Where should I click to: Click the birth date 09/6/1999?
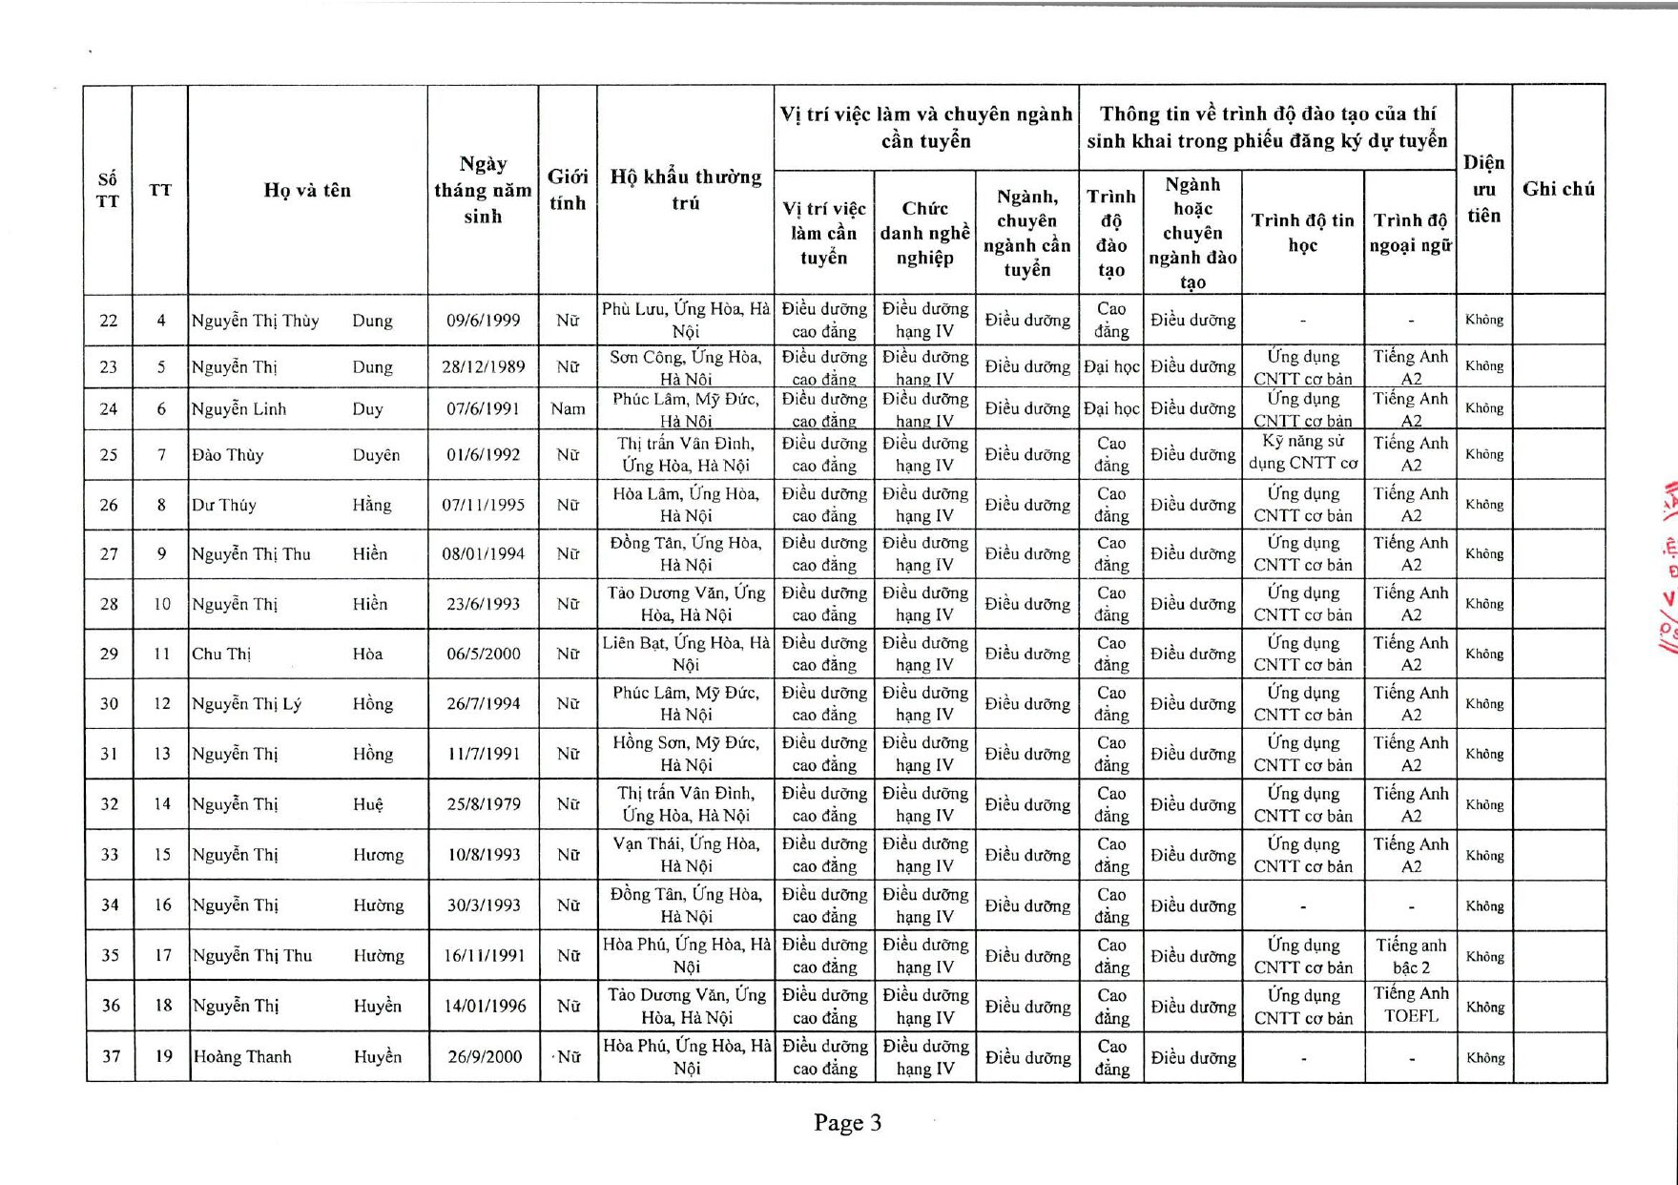pos(484,321)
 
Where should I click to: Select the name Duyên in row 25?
pos(376,455)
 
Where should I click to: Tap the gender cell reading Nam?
pos(568,409)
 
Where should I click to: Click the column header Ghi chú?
pos(1558,189)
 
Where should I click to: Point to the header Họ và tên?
pos(307,190)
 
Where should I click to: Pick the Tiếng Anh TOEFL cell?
pos(1411,1006)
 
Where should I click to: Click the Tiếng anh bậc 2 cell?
pos(1411,956)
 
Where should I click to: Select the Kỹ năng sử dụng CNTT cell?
pos(1302,453)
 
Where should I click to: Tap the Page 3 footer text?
pos(847,1123)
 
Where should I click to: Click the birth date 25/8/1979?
pos(484,804)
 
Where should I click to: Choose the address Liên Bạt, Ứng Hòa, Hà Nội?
pos(686,654)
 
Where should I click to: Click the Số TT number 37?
pos(111,1056)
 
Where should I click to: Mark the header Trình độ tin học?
pos(1302,233)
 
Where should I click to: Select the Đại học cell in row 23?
pos(1111,366)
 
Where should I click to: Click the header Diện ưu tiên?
pos(1483,189)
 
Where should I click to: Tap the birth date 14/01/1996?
pos(484,1007)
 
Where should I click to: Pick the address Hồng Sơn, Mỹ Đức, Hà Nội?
pos(686,754)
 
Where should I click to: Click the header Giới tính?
pos(568,190)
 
